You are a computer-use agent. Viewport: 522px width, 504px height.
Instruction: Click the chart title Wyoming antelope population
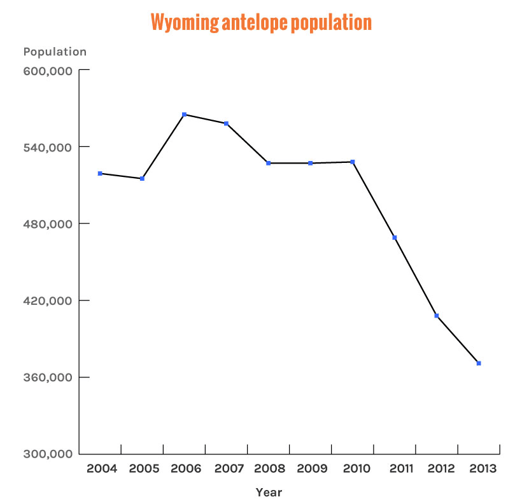tap(261, 22)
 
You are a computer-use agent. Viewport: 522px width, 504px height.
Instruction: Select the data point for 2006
tap(184, 115)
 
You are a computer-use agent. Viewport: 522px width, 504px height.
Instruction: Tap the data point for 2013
tap(479, 363)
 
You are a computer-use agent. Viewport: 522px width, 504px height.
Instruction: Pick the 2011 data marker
tap(395, 238)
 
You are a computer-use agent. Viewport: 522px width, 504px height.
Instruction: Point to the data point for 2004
tap(100, 174)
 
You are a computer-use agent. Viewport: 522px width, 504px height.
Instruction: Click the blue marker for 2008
tap(269, 164)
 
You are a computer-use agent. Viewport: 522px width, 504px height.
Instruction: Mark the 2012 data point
tap(437, 316)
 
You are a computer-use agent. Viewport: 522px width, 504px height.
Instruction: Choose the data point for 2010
tap(353, 162)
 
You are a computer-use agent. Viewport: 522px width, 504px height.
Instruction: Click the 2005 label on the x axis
tap(144, 469)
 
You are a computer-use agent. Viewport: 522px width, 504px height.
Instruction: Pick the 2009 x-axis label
tap(312, 469)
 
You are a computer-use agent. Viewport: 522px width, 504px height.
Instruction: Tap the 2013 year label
tap(483, 469)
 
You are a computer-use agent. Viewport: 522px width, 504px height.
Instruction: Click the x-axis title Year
tap(269, 492)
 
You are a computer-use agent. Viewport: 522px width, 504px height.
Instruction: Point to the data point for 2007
tap(226, 123)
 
